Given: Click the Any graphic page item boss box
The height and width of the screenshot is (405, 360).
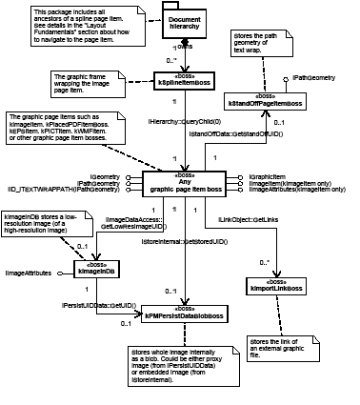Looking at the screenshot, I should coord(197,184).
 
